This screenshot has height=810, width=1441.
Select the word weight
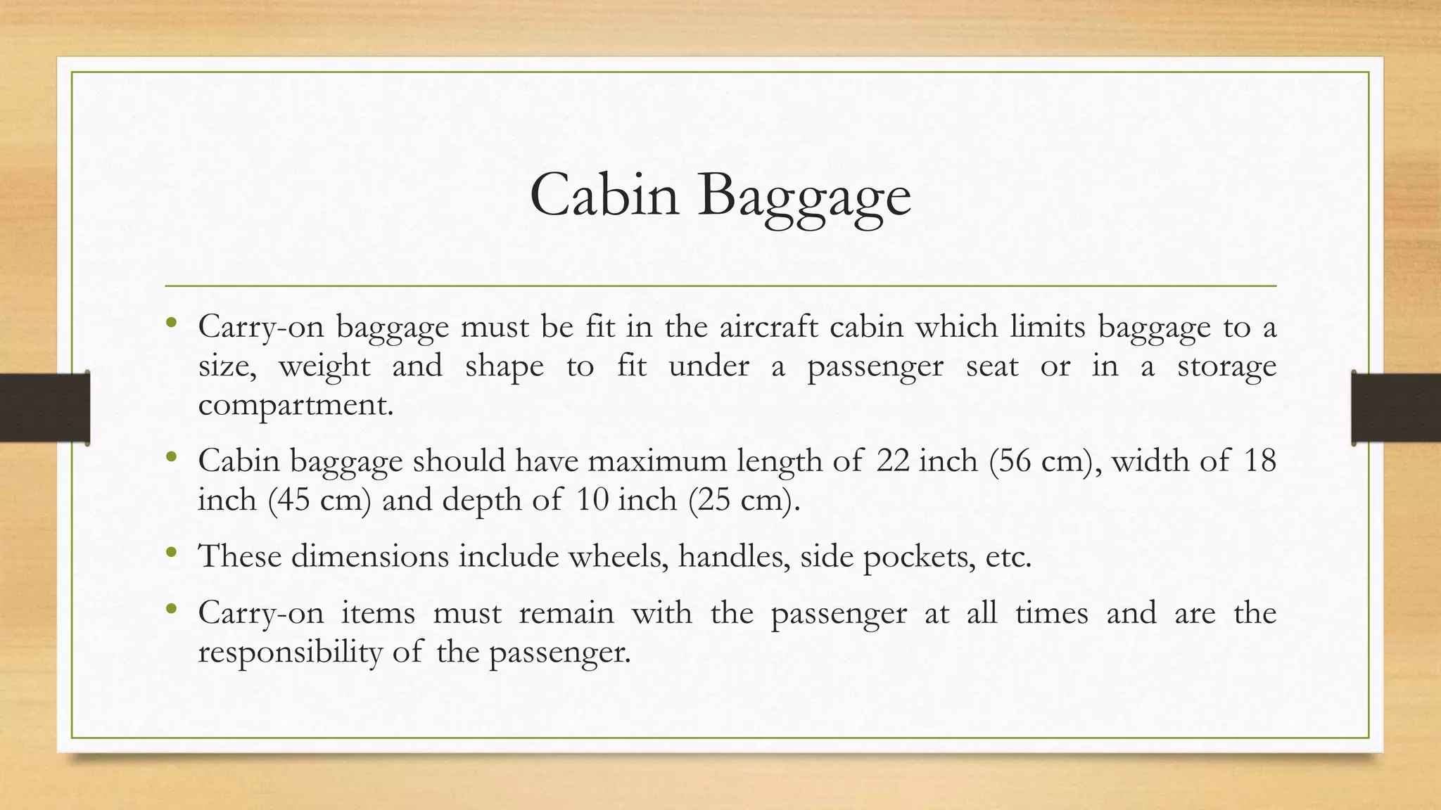[x=324, y=366]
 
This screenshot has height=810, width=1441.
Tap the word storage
[x=1226, y=366]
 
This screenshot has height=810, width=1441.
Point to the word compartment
[x=296, y=405]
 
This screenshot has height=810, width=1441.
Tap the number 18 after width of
[x=1259, y=461]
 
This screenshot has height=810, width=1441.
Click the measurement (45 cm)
[x=319, y=501]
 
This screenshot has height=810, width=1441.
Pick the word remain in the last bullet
[x=566, y=613]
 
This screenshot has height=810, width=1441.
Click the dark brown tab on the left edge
[x=44, y=408]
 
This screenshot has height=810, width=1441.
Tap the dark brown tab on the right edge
[x=1396, y=408]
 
